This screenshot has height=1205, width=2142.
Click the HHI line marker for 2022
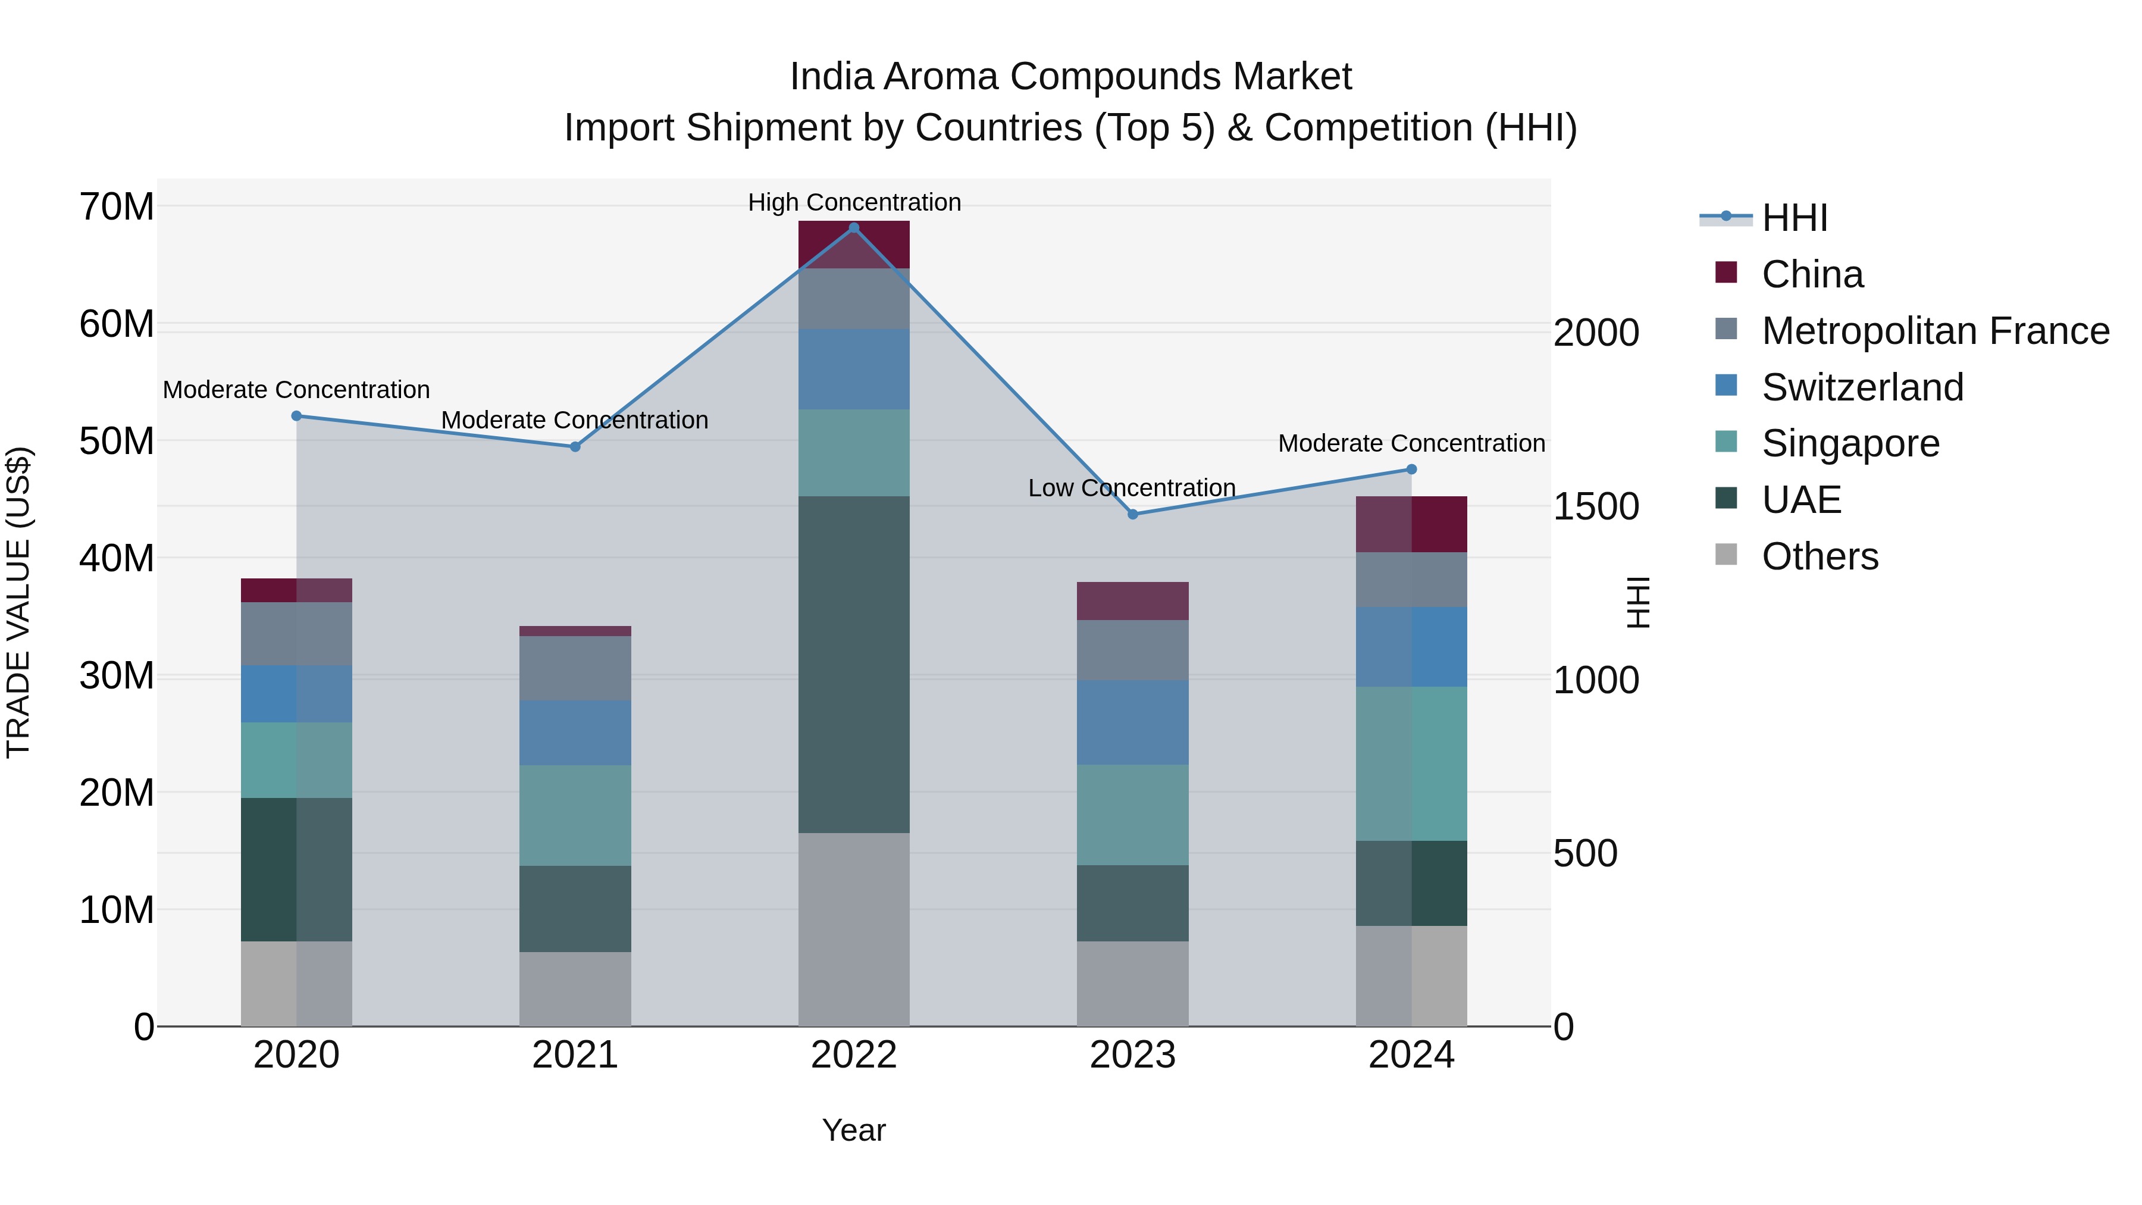pos(853,228)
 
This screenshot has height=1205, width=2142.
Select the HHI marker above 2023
pos(1132,514)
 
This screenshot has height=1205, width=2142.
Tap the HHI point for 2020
pos(296,416)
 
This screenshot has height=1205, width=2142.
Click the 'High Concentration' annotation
pos(854,202)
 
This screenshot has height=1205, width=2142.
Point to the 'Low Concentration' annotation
pos(1131,487)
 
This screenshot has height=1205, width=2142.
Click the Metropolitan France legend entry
pos(1935,331)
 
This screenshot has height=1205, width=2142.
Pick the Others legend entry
pos(1820,556)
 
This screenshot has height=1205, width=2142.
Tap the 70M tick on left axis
pos(117,206)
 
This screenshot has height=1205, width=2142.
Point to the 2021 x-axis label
pos(575,1055)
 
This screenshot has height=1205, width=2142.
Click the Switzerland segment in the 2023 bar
pos(1132,722)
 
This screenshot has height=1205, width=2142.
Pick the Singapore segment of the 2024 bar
pos(1411,763)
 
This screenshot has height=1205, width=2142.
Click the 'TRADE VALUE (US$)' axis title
pos(18,602)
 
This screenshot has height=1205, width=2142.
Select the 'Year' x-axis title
pos(854,1130)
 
